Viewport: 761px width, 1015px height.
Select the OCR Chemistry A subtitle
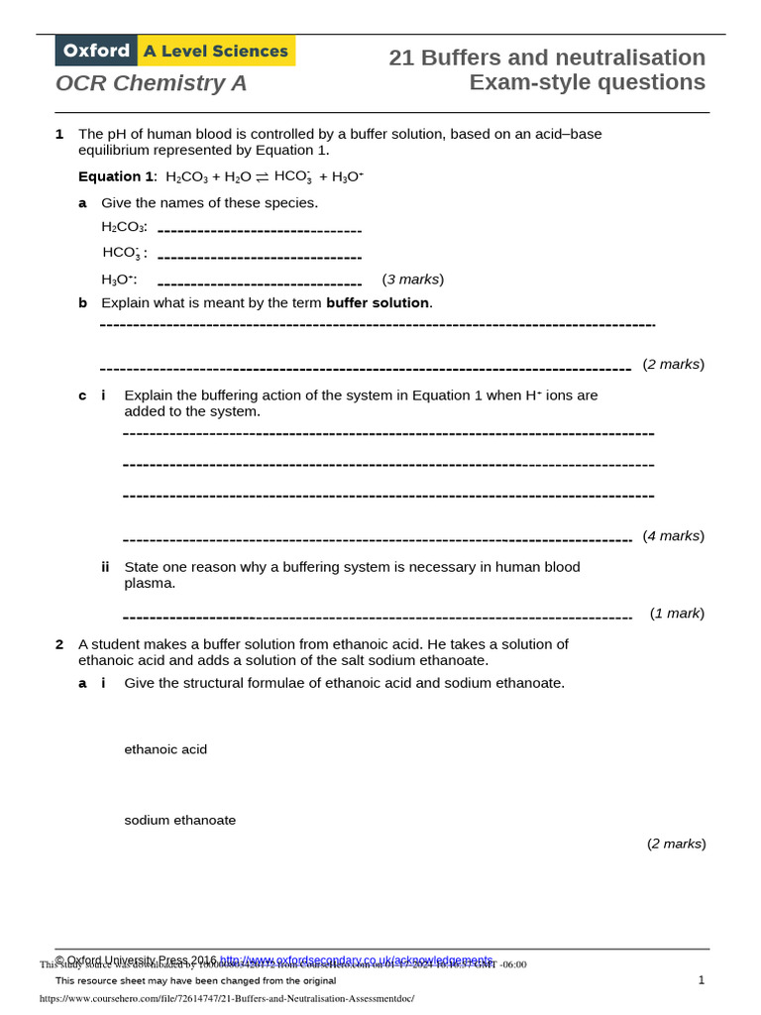point(152,84)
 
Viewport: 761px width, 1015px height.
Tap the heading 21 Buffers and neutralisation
point(547,57)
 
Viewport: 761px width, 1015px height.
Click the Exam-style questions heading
point(587,82)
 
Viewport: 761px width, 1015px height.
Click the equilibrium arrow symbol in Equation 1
point(262,177)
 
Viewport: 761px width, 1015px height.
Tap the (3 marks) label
point(412,280)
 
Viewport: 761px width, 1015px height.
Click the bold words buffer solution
point(378,303)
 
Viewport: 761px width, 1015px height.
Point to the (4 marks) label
point(673,536)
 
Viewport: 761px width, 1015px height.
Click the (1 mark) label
point(677,614)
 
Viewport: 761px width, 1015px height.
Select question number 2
point(59,644)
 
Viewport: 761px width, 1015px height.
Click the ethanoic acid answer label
point(165,750)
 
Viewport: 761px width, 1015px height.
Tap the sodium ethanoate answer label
point(180,821)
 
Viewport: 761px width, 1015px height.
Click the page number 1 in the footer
point(701,980)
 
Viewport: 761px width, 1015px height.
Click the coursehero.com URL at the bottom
point(227,999)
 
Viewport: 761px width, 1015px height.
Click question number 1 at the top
point(59,134)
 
